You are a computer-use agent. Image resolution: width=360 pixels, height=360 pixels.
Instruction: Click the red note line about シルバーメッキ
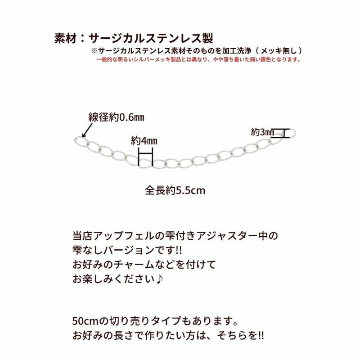198,59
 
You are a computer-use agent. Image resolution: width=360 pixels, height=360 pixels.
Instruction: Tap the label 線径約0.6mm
116,118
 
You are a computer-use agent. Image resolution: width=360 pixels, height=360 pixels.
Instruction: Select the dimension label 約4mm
144,140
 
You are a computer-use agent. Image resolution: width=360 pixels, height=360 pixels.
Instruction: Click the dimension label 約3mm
262,132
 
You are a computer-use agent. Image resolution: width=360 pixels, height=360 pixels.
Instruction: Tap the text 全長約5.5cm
175,190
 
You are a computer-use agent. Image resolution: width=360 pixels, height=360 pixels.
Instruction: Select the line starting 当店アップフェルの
175,235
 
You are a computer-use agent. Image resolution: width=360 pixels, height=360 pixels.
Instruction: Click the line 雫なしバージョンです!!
128,249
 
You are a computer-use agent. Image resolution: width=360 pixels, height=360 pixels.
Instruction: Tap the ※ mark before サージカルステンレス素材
94,50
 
